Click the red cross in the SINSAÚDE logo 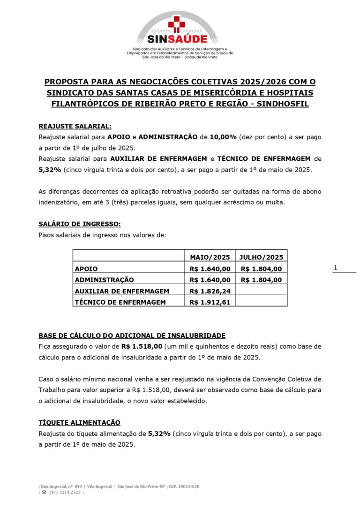tap(177, 23)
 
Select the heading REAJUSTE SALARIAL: tap(75, 126)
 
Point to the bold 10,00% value tap(223, 137)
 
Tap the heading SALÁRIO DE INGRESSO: tap(79, 224)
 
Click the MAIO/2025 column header tap(210, 257)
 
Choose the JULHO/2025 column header tap(261, 257)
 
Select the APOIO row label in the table tap(86, 269)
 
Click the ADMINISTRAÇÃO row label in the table tap(104, 280)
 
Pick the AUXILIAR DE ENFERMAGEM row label tap(122, 291)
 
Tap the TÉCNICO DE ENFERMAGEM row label tap(120, 302)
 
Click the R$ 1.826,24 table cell tap(210, 291)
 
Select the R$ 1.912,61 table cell tap(210, 302)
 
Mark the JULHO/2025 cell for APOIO tap(261, 269)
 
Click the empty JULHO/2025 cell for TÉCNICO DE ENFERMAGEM tap(261, 302)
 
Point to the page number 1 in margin tap(335, 268)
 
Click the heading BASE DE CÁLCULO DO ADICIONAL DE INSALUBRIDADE tap(132, 336)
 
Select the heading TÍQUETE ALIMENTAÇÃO tap(79, 422)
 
